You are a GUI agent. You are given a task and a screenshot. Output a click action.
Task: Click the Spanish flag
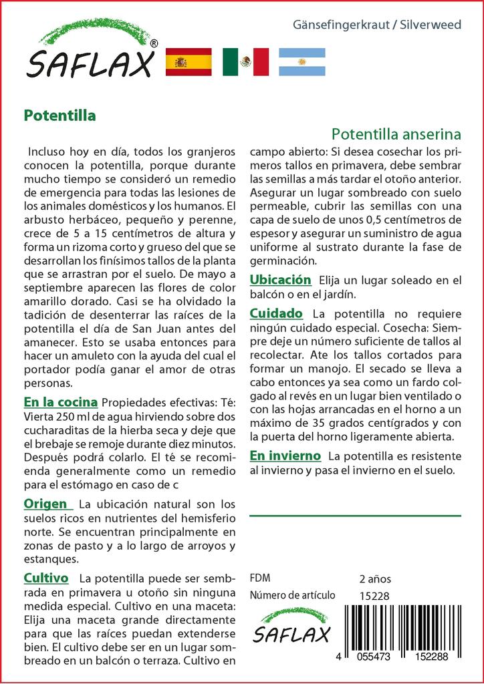click(x=188, y=62)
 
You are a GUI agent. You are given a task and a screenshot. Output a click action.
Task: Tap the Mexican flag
click(x=245, y=62)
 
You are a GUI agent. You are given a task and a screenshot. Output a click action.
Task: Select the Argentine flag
click(x=301, y=62)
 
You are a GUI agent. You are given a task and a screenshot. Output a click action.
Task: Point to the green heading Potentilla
click(x=59, y=115)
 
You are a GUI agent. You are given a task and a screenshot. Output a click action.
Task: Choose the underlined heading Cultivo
click(x=46, y=577)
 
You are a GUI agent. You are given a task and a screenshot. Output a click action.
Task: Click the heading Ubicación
click(x=281, y=280)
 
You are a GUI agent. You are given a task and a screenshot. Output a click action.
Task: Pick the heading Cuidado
click(x=276, y=313)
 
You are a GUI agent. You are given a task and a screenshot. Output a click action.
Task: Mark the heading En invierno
click(x=285, y=456)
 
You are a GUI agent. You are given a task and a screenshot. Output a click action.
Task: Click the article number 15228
click(x=373, y=596)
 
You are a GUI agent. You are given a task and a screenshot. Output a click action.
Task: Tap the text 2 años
click(x=374, y=578)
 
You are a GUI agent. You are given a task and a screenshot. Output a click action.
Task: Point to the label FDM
click(x=259, y=578)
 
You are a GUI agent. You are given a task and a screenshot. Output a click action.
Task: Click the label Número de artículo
click(x=292, y=596)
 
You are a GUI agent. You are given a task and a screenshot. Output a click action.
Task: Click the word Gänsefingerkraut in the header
click(x=343, y=25)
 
